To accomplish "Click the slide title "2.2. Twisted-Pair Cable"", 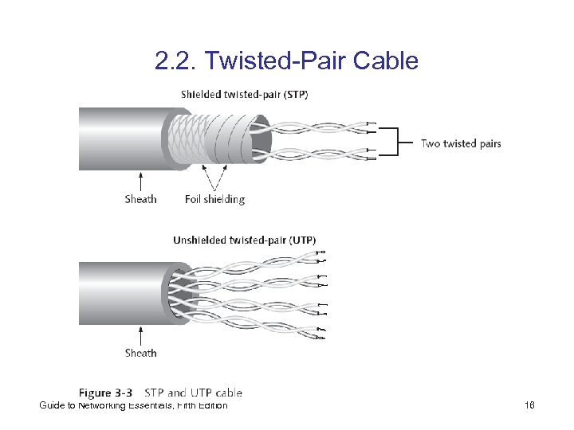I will (x=286, y=61).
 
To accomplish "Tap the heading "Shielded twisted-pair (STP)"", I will (x=244, y=94).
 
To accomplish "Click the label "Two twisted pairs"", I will (x=461, y=144).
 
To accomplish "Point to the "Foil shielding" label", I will (x=214, y=199).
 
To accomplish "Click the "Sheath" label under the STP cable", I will (x=140, y=199).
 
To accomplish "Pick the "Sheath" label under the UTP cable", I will (x=140, y=353).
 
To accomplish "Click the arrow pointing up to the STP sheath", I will (x=140, y=180).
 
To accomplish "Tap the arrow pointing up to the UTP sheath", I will (x=140, y=334).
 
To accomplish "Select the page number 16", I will (x=529, y=406).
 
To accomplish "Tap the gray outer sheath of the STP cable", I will (x=120, y=139).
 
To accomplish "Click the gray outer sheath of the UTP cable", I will (x=120, y=293).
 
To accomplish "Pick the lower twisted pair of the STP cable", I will (x=319, y=154).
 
